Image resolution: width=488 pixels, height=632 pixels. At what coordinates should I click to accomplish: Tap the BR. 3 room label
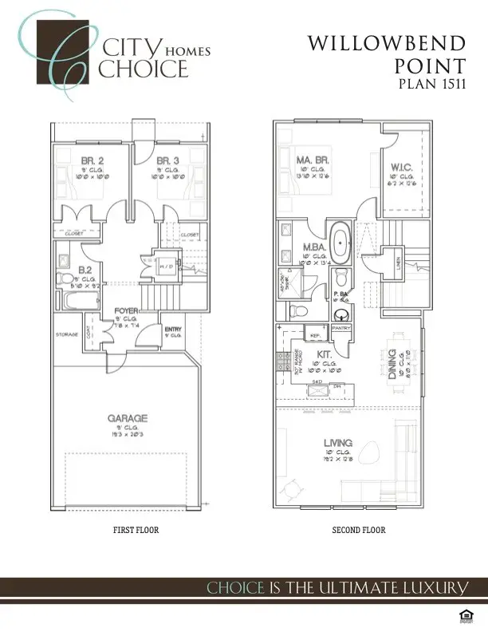coord(167,160)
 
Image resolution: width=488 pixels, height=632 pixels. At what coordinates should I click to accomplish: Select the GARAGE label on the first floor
coord(126,417)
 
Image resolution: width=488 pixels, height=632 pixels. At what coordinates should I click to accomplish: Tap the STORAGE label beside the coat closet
coord(65,335)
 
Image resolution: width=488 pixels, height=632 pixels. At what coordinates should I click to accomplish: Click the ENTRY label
coord(172,329)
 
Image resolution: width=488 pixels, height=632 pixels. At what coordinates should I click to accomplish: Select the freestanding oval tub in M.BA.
coord(341,244)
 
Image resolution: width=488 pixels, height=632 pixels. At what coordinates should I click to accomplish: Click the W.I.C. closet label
coord(400,167)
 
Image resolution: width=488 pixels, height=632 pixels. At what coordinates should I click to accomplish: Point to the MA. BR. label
coord(313,160)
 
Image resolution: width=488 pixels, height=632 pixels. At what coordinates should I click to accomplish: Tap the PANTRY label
coord(341,328)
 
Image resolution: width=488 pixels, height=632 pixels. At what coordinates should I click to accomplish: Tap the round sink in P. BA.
coord(340,313)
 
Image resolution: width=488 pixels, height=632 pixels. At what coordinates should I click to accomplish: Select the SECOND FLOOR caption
coord(359,531)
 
